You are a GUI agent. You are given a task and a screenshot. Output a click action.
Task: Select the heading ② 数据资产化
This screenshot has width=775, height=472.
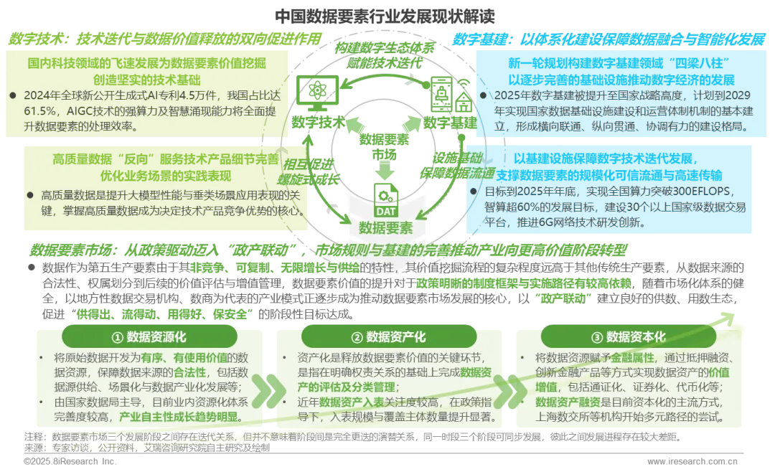click(x=389, y=337)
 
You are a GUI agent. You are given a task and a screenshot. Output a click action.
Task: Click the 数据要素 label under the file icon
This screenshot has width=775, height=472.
click(x=386, y=227)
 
